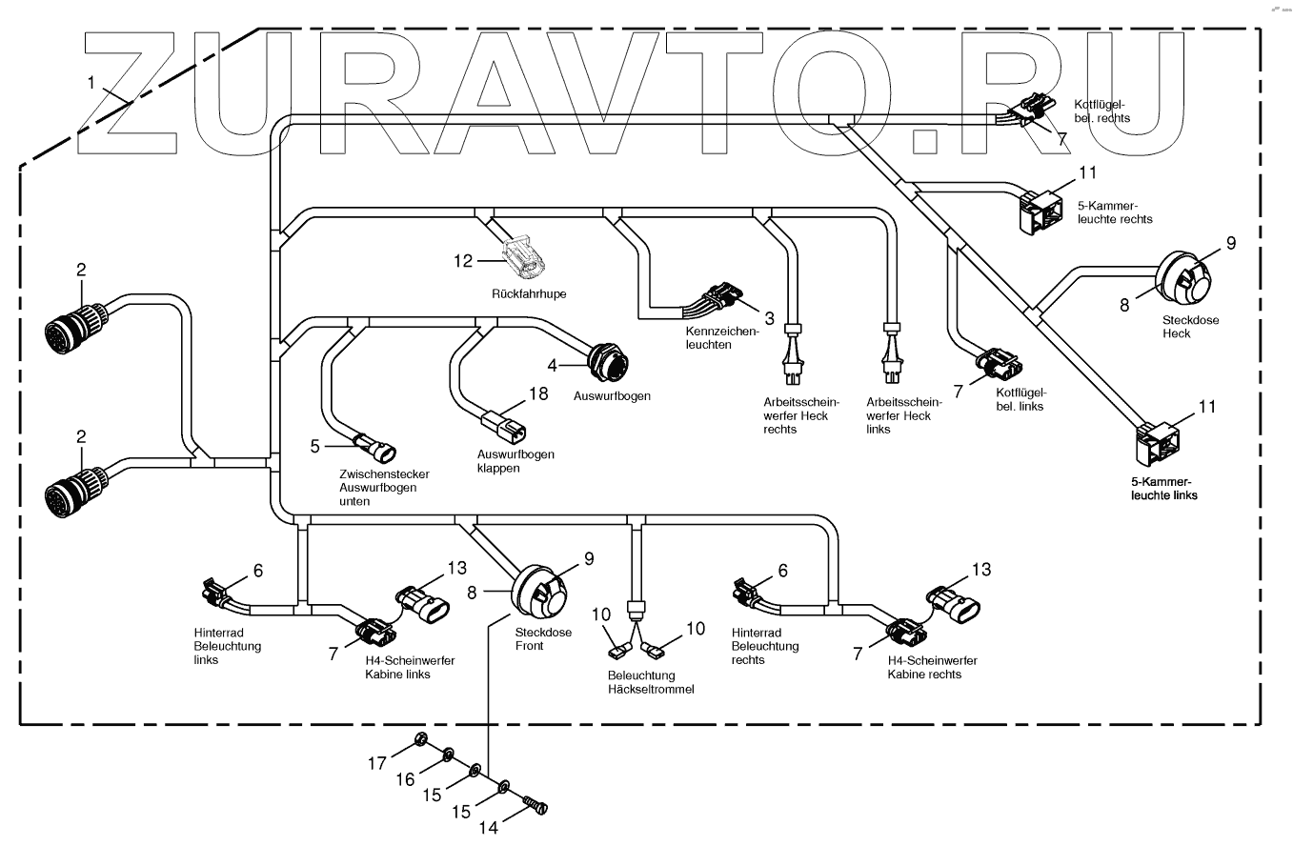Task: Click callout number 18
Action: (x=539, y=393)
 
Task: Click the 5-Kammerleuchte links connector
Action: (x=1158, y=439)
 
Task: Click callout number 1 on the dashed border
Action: (x=91, y=83)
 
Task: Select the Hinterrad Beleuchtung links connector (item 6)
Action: (x=212, y=592)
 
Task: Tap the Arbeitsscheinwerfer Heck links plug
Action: (x=892, y=354)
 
